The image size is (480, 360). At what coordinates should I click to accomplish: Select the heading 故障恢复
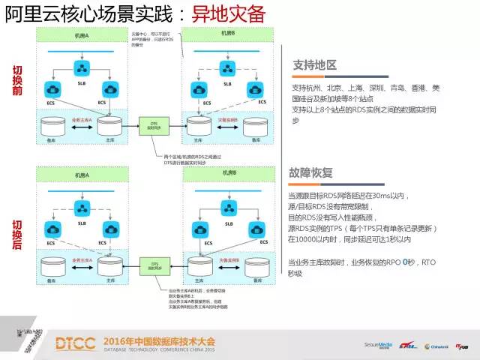[x=310, y=172]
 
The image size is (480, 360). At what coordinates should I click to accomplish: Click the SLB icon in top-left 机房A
[x=82, y=69]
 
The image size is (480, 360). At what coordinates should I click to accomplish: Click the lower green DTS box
[x=155, y=265]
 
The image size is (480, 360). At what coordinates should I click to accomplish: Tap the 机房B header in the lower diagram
[x=228, y=172]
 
